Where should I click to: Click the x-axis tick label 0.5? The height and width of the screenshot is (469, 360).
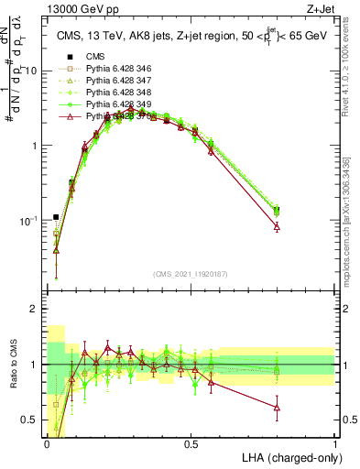[191, 443]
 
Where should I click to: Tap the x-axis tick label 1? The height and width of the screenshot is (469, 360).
[334, 443]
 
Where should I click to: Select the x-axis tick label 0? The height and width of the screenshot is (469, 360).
[47, 443]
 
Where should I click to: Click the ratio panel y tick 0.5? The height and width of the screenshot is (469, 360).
[29, 420]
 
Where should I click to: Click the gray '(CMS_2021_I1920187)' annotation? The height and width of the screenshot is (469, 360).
[190, 275]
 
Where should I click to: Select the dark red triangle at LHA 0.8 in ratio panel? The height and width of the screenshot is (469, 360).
[277, 407]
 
